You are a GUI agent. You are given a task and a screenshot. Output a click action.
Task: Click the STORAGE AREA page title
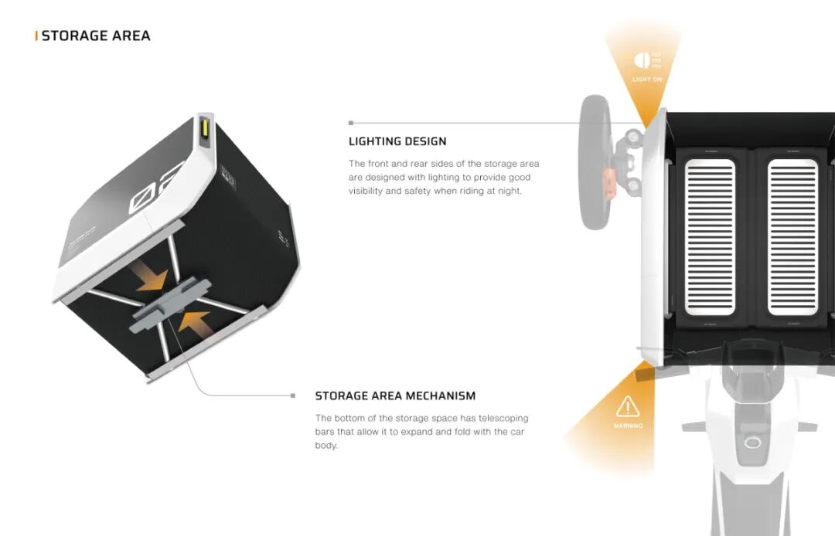point(96,36)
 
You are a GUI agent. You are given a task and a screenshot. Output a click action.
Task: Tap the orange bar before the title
point(36,36)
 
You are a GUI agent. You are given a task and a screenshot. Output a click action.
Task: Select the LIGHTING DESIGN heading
point(397,141)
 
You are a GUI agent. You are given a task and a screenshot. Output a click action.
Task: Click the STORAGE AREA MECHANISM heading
point(395,396)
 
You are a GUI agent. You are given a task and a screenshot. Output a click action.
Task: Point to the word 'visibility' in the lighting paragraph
point(365,191)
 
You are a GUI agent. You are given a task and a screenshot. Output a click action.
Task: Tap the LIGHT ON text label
point(647,80)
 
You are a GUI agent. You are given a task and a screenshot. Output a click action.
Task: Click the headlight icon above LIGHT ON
point(641,60)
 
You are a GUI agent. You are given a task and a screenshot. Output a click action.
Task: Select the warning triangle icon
point(628,406)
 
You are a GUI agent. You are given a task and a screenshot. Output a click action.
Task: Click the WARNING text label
point(628,426)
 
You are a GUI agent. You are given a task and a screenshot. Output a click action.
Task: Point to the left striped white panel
point(711,237)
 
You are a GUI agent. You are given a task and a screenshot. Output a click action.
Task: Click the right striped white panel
point(792,237)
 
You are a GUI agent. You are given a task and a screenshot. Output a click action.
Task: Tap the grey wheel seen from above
point(595,161)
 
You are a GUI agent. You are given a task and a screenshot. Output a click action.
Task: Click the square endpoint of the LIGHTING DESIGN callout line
point(351,123)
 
